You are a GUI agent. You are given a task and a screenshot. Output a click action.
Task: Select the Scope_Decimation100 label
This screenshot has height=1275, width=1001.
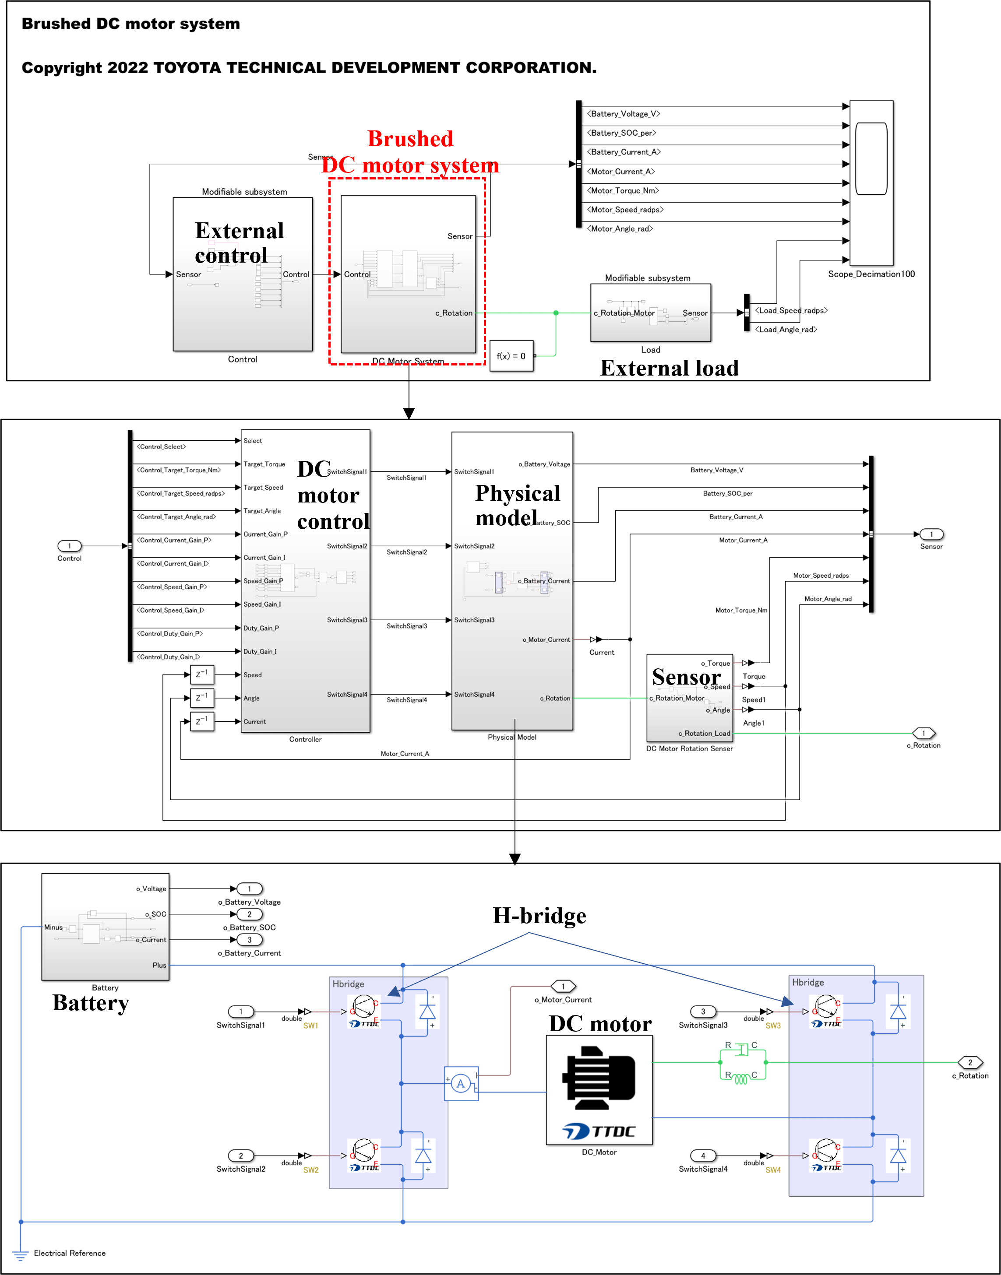871,274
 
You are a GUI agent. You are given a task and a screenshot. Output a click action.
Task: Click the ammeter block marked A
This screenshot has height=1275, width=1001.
461,1083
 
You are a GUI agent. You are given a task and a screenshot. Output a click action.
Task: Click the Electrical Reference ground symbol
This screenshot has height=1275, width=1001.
21,1254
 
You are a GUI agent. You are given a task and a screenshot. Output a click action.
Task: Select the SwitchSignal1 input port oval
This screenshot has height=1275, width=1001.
241,1012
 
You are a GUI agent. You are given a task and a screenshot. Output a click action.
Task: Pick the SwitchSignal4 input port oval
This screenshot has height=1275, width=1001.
703,1156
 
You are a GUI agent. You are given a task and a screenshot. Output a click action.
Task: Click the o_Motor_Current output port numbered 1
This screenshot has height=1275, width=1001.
563,986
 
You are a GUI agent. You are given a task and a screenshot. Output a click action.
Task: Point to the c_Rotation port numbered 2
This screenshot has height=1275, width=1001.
970,1062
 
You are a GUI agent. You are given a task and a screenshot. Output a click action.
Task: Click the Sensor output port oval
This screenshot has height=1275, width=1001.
931,534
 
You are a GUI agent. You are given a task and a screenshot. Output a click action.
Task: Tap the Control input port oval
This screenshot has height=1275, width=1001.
69,546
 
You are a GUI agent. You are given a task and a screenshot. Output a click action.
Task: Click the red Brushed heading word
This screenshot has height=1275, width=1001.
410,139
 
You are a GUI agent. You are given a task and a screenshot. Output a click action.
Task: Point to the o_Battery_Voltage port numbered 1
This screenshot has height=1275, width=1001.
249,889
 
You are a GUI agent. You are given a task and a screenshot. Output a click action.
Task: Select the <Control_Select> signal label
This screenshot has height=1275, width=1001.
161,447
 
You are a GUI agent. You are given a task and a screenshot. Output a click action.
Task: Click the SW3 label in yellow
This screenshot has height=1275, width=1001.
773,1026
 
